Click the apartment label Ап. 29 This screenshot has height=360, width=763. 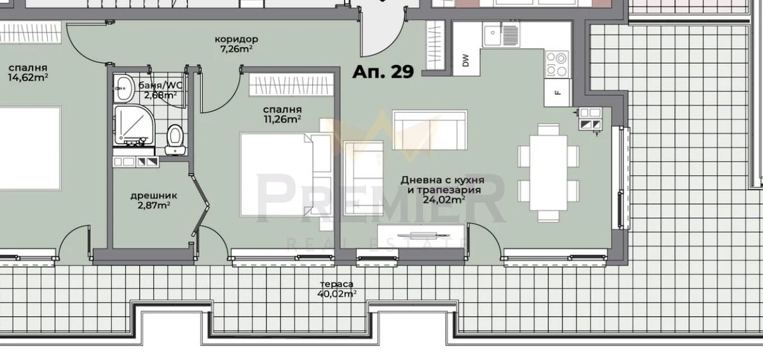click(x=383, y=71)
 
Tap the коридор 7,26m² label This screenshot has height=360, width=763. click(x=237, y=44)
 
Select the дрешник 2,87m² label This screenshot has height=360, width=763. click(x=154, y=200)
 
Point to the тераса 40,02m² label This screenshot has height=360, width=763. click(x=336, y=289)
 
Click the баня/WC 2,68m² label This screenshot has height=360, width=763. click(x=160, y=90)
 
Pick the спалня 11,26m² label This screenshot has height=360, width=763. click(x=282, y=114)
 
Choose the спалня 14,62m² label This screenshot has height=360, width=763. click(x=28, y=73)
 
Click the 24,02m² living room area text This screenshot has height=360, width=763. click(x=444, y=200)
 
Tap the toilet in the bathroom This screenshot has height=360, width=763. click(x=175, y=140)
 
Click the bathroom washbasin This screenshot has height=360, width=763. click(x=124, y=88)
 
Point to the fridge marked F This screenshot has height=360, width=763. click(x=558, y=93)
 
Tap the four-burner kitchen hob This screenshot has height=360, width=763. click(x=557, y=64)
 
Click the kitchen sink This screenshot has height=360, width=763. click(x=501, y=34)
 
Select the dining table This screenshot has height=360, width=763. click(x=548, y=173)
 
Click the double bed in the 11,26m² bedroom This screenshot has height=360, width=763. click(x=277, y=174)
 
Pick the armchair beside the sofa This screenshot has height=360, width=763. click(x=364, y=178)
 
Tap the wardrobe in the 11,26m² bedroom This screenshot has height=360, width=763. click(x=291, y=84)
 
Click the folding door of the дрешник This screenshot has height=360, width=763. click(x=200, y=204)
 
